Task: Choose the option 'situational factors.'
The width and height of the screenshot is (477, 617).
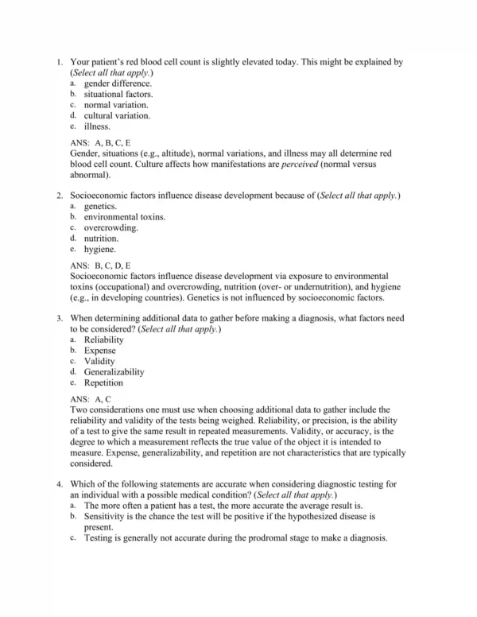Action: click(x=118, y=94)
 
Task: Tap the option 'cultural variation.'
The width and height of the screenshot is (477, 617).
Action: click(x=117, y=115)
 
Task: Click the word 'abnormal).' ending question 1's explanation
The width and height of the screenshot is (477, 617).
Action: click(x=91, y=174)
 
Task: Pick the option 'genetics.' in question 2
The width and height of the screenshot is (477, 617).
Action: click(x=100, y=206)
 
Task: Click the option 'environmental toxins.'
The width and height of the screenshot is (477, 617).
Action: click(x=125, y=216)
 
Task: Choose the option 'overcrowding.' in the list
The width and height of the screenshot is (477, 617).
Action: click(x=111, y=227)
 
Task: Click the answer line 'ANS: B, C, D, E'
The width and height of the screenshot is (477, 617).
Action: click(x=102, y=265)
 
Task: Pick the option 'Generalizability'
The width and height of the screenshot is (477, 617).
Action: click(x=114, y=371)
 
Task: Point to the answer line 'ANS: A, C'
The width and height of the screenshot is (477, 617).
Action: click(x=91, y=398)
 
